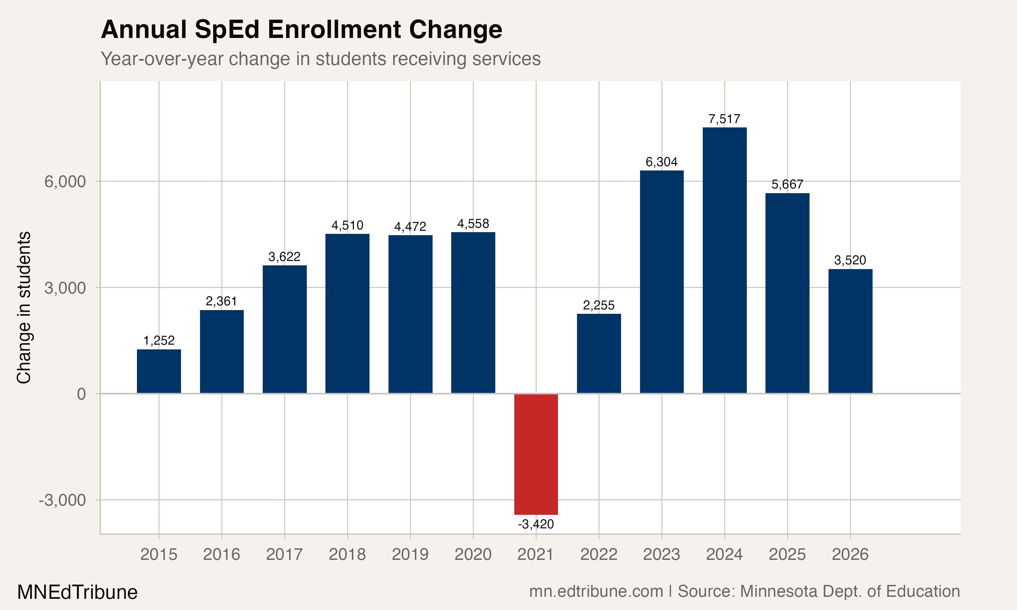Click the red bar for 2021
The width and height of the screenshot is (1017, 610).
pos(536,454)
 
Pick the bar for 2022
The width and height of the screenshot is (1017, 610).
pos(599,353)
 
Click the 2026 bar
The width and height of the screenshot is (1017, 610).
pos(850,331)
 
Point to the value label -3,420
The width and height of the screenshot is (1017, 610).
pos(536,524)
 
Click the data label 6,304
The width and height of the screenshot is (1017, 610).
pos(661,162)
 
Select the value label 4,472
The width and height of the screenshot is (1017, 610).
pos(410,226)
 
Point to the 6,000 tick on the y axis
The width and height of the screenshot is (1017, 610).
pos(65,181)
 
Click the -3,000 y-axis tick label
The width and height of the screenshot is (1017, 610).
pos(62,500)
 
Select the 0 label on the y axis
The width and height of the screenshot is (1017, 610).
pos(81,394)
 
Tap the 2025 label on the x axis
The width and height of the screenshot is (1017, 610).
pos(787,554)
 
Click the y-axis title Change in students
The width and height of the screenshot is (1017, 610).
pos(24,307)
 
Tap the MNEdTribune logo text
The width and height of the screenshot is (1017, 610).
pos(77,592)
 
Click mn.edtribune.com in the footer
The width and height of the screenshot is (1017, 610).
pos(596,591)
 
